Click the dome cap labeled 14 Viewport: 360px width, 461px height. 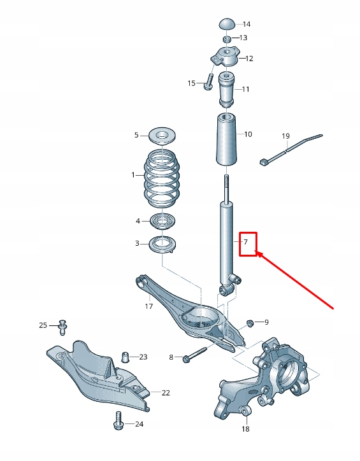(x=228, y=24)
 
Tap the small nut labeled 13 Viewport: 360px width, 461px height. (x=227, y=38)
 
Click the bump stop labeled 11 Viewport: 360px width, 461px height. (x=227, y=89)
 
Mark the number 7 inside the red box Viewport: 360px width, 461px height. (x=245, y=242)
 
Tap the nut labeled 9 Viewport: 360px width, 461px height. (x=250, y=322)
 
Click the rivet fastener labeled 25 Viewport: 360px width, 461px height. (x=62, y=326)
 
